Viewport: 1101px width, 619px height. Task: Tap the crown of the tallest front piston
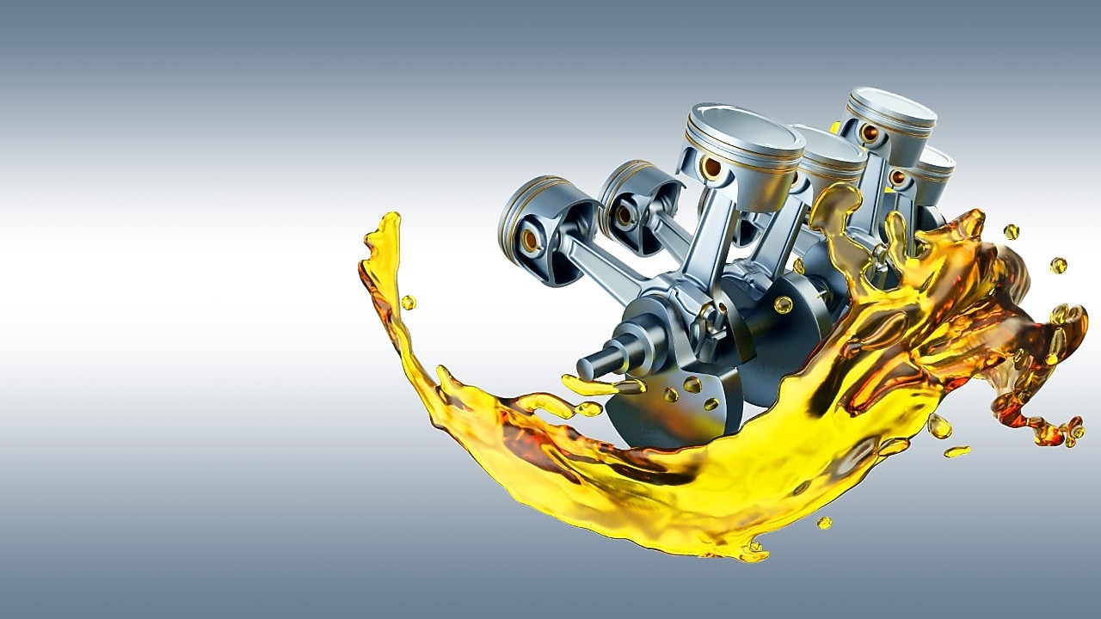point(744,129)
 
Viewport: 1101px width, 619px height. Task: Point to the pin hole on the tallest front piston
point(711,167)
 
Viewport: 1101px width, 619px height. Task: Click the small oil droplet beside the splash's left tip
point(408,303)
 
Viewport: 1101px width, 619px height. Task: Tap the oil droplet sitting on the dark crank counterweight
point(783,304)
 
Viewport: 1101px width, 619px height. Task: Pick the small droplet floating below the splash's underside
point(824,522)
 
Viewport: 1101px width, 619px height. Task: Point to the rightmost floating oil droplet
point(1058,266)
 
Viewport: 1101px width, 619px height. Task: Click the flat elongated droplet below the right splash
point(956,451)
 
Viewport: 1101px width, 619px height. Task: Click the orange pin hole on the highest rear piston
point(869,133)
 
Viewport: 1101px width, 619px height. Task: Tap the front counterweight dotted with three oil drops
point(680,404)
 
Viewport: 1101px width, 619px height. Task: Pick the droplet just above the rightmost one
point(1011,231)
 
